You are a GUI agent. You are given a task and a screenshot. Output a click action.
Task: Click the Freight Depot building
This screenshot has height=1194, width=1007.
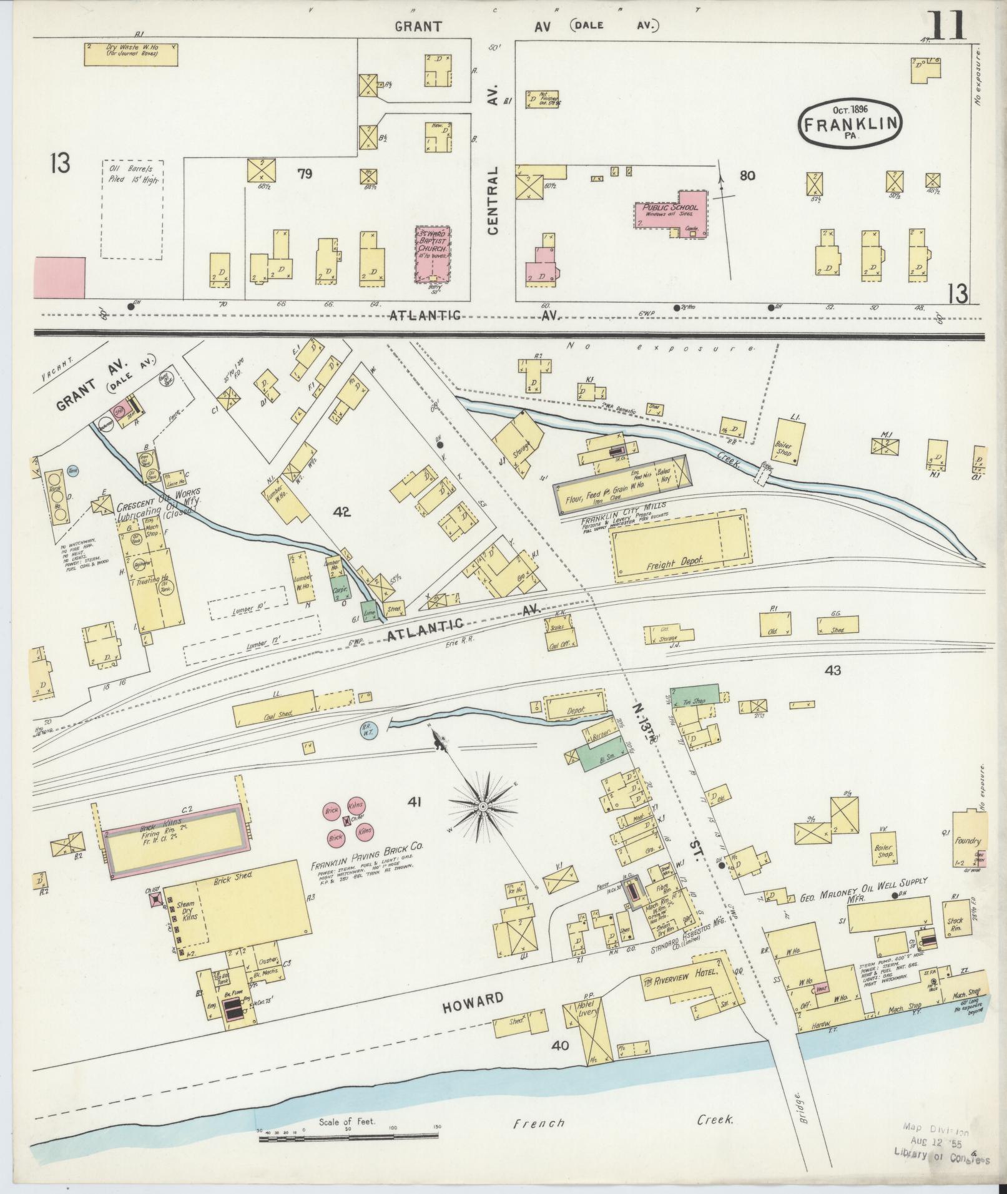click(x=680, y=547)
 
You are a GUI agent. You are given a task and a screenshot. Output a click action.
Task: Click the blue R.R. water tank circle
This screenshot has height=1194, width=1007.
click(x=368, y=728)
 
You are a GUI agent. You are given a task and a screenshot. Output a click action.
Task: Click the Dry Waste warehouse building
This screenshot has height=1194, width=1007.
click(x=131, y=54)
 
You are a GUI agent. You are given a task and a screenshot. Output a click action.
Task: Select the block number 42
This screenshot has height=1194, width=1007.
click(x=342, y=512)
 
